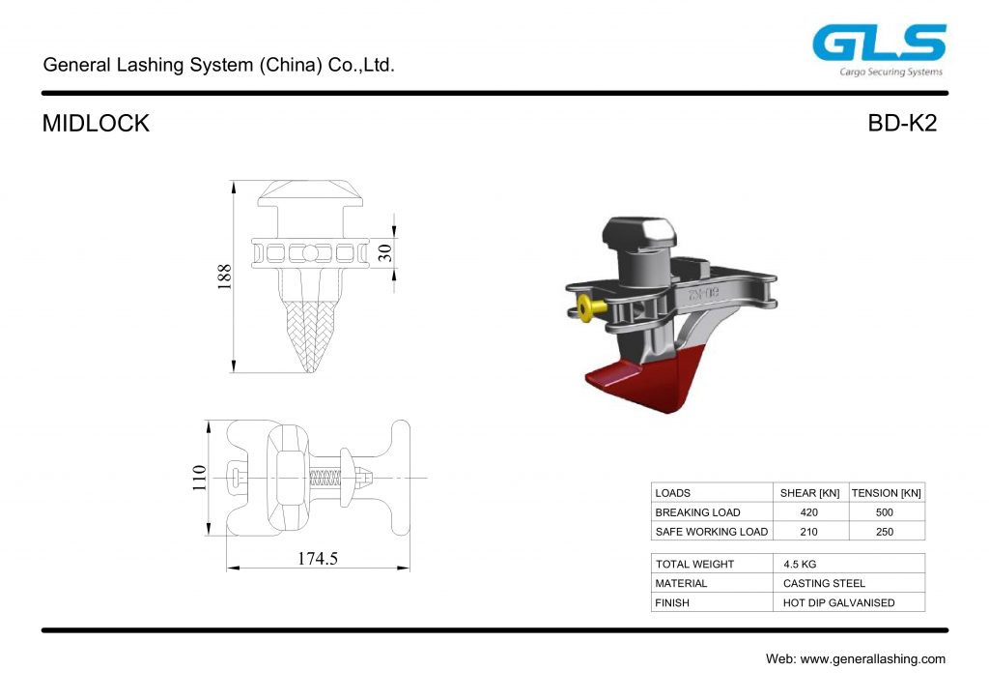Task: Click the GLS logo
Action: [x=878, y=44]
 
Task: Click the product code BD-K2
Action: [x=902, y=124]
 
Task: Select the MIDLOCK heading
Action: [x=96, y=124]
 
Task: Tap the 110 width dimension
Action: [x=198, y=478]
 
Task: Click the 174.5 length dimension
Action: [x=318, y=558]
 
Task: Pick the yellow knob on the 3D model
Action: [x=586, y=307]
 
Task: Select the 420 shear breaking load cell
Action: [x=808, y=512]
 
